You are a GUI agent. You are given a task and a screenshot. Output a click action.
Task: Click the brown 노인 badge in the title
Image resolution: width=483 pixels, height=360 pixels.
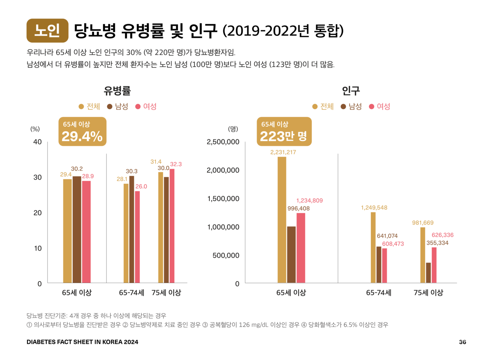(47, 31)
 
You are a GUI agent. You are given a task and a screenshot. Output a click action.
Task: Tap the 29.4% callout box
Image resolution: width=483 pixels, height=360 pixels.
(82, 131)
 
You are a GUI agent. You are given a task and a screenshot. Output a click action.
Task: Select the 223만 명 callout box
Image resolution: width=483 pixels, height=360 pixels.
(284, 131)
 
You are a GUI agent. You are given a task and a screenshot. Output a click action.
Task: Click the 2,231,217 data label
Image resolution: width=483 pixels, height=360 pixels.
(283, 152)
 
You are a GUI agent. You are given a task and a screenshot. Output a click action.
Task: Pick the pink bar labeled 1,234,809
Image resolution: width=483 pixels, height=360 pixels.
(301, 248)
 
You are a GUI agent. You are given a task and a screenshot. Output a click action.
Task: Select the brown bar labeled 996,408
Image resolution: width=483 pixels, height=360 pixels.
(291, 254)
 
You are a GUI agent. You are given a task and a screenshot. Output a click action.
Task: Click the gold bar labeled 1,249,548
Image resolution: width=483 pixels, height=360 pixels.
(373, 247)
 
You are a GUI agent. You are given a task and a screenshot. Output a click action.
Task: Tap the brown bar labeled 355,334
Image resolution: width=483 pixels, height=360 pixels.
(428, 272)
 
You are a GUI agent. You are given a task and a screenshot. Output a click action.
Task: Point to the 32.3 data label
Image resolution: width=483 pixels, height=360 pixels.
(176, 164)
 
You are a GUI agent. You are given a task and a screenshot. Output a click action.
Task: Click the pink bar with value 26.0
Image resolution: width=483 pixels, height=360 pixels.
(137, 237)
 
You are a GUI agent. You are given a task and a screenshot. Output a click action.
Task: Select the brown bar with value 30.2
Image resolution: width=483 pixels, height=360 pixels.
(77, 229)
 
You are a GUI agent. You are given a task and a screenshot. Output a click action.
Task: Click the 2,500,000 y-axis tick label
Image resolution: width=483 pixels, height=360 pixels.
(223, 142)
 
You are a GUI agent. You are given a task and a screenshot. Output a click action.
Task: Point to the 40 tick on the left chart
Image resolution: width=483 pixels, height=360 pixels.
(37, 142)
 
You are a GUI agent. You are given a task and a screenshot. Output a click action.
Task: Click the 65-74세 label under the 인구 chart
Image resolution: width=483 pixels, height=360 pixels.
(378, 292)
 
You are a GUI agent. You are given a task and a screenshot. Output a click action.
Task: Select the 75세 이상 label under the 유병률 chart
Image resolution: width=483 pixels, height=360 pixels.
(166, 292)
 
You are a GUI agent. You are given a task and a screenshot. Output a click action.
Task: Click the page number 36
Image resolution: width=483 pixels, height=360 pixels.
(462, 342)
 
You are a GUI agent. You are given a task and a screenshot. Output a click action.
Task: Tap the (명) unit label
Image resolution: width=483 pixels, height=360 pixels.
(233, 129)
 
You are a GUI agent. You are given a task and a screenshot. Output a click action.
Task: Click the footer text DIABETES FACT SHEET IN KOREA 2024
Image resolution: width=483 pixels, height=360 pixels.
(82, 342)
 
